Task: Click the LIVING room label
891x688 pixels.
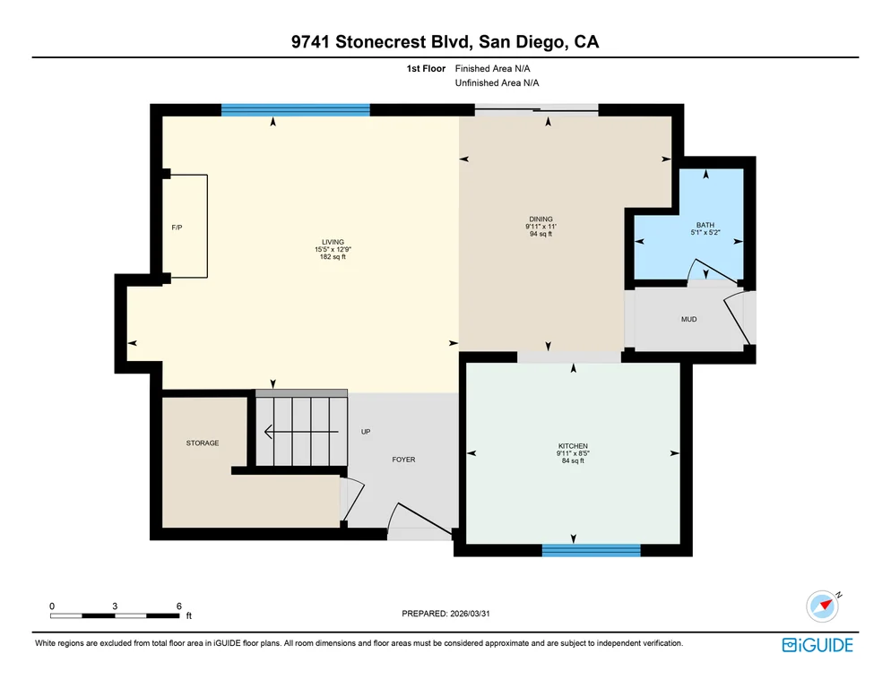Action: tap(333, 242)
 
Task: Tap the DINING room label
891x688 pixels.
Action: tap(541, 219)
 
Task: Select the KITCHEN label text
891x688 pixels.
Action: tap(573, 446)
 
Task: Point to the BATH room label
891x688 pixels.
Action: tap(705, 225)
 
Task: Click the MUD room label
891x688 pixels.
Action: tap(688, 319)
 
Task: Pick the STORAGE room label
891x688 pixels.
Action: tap(203, 443)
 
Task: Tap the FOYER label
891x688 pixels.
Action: tap(403, 460)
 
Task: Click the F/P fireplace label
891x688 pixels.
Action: tap(177, 228)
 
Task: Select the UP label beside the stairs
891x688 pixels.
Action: tap(366, 432)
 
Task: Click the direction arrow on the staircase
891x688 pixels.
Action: tap(302, 433)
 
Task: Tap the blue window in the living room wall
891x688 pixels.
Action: tap(296, 110)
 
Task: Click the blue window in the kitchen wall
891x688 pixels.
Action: tap(591, 550)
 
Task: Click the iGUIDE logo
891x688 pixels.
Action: tap(817, 645)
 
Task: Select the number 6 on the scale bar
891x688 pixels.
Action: tap(179, 606)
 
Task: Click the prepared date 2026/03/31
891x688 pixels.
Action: tap(470, 614)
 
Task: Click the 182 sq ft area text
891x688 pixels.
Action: tap(333, 257)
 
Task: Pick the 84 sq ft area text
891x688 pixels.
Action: tap(573, 460)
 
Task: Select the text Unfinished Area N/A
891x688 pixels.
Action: tap(497, 83)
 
